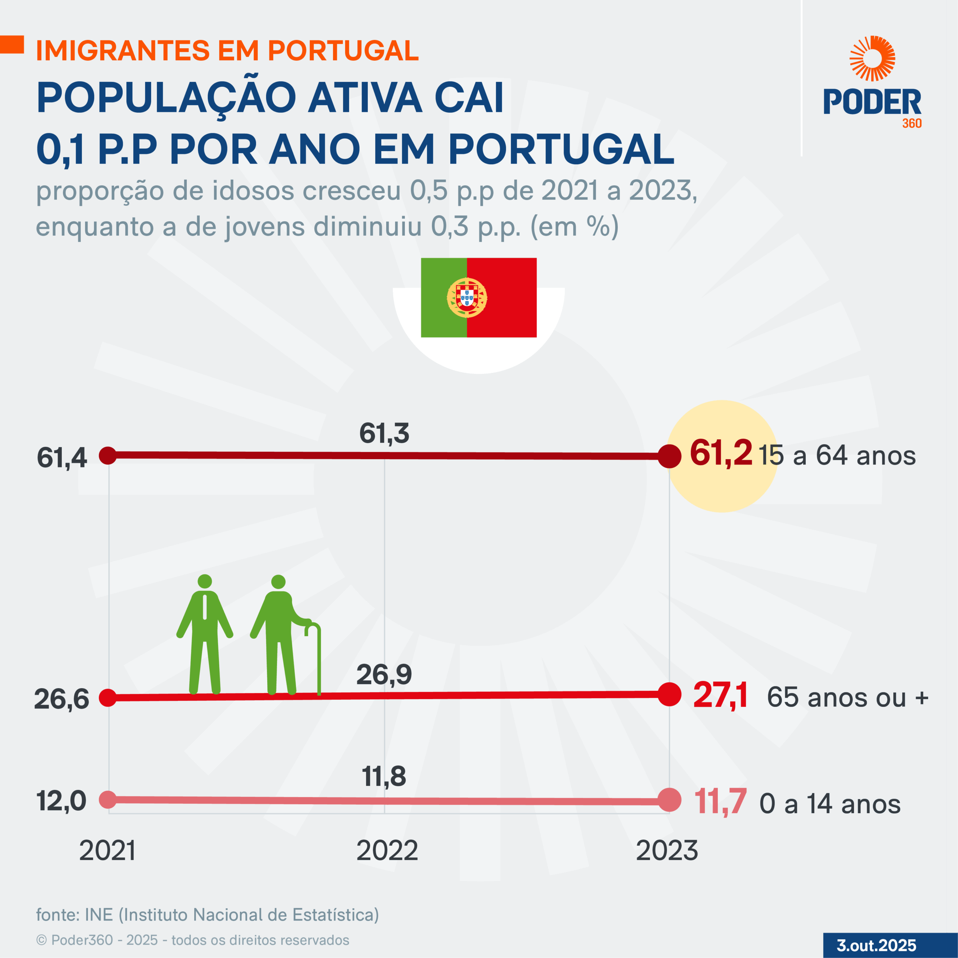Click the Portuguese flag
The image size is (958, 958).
coord(479,298)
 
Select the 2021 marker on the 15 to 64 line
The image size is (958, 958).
coord(108,455)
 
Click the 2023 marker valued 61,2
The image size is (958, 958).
coord(669,456)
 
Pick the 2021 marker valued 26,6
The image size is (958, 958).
coord(108,698)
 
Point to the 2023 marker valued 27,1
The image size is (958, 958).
coord(669,694)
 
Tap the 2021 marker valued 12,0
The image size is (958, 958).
coord(108,799)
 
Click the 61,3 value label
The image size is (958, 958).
coord(384,433)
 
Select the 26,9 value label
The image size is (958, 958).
coord(384,674)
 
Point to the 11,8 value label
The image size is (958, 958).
coord(384,776)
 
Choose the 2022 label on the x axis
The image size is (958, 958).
coord(387,851)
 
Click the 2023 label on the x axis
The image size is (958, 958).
coord(667,851)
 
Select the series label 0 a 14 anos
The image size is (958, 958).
coord(830,804)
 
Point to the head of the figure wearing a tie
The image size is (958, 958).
coord(205,581)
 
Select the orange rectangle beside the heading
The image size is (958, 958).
coord(12,44)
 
